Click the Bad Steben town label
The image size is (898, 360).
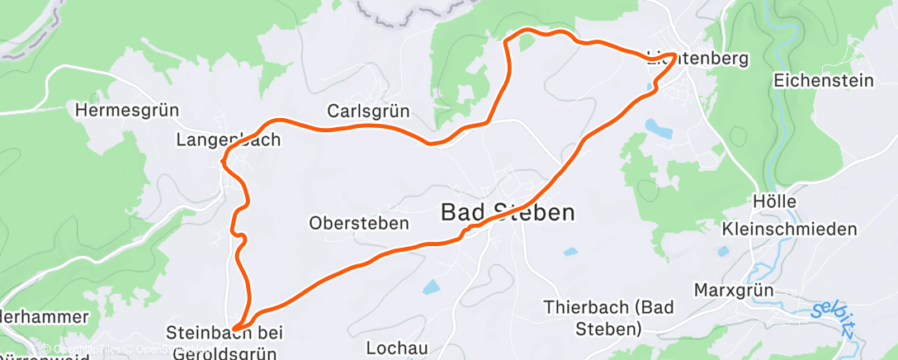(x=507, y=212)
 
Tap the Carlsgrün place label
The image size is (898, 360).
(x=368, y=111)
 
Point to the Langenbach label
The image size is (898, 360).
(x=229, y=140)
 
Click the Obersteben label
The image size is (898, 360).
(x=359, y=223)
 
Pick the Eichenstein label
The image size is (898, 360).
(x=824, y=80)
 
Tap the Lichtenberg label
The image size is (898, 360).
(x=697, y=59)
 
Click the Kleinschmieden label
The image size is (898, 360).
(x=790, y=229)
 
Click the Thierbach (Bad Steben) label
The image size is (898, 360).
(x=609, y=318)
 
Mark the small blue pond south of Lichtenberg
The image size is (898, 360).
(x=658, y=128)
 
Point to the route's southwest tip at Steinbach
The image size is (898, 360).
(x=235, y=329)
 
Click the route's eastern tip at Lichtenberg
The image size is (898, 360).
(x=675, y=55)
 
